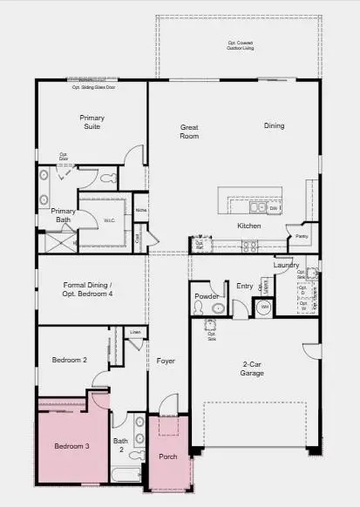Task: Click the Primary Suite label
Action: tap(92, 121)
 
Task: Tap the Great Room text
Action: tap(189, 132)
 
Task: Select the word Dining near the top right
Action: tap(275, 126)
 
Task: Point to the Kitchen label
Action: tap(249, 226)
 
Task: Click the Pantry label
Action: tap(302, 236)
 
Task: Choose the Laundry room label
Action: tap(286, 265)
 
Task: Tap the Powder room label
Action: tap(206, 296)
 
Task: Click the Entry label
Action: tap(244, 285)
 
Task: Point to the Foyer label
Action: tap(166, 360)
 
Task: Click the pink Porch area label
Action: tap(168, 456)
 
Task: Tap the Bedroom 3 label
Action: tap(71, 446)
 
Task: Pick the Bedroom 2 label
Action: tap(69, 359)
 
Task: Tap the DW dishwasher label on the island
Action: tap(273, 208)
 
